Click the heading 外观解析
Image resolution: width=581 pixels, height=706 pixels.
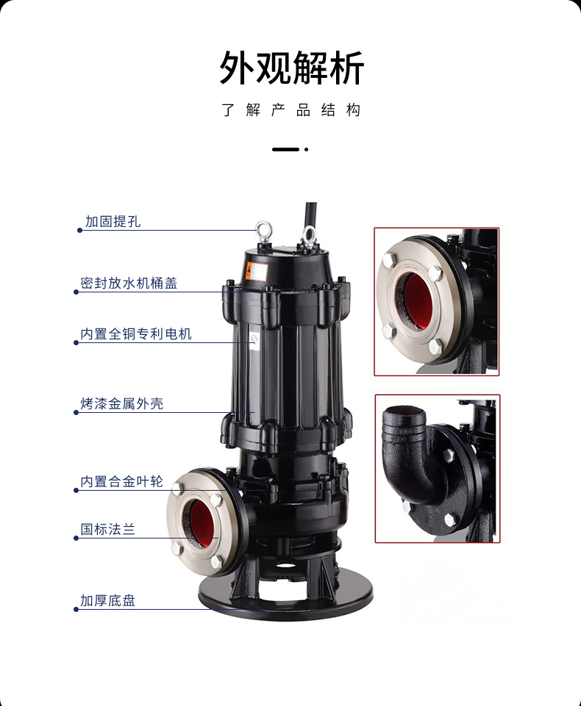(x=291, y=68)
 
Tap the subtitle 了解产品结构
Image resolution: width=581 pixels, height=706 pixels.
(x=290, y=110)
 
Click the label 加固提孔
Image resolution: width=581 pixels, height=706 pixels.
(x=113, y=222)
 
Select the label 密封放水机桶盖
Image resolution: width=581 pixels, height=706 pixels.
(x=129, y=284)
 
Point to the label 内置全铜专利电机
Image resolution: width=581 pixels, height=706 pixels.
(x=135, y=334)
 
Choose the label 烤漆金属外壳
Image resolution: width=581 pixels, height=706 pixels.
(x=121, y=404)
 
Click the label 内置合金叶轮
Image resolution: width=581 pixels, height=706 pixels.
(x=121, y=481)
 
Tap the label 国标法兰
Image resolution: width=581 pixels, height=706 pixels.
(x=107, y=529)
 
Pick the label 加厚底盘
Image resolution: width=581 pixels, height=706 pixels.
(x=107, y=601)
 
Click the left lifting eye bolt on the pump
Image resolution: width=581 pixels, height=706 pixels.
(x=263, y=231)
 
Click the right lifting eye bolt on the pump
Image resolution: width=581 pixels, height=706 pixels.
(x=310, y=234)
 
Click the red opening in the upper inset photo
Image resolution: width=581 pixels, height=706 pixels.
(x=417, y=302)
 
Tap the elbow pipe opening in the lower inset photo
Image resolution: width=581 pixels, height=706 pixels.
(x=404, y=412)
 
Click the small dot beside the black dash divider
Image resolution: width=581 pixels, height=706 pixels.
(x=307, y=149)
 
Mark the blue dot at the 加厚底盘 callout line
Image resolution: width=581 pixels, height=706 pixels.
(x=76, y=610)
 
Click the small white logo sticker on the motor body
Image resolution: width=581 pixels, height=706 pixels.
(x=254, y=338)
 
